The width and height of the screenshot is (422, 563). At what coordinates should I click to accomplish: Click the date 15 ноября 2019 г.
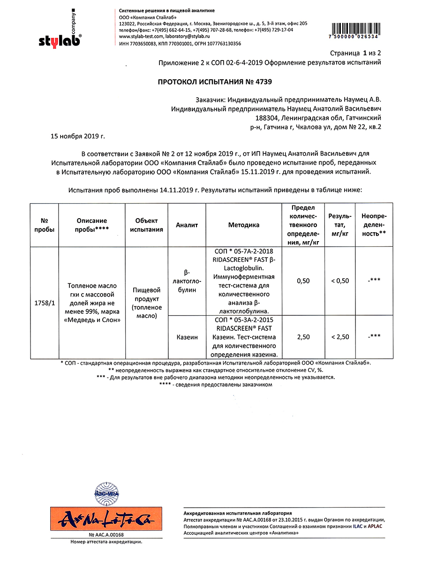[x=78, y=136]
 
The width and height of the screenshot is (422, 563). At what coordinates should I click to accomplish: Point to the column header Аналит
[x=187, y=225]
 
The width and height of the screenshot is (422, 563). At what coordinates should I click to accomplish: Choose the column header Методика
[x=244, y=225]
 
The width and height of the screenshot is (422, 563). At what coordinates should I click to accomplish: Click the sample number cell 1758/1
[x=45, y=303]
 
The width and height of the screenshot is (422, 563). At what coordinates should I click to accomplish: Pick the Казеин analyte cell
[x=187, y=337]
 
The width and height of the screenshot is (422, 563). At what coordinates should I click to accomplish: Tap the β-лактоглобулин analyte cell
[x=187, y=281]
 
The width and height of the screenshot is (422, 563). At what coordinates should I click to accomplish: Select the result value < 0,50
[x=340, y=281]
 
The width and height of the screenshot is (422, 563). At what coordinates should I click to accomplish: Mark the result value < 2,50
[x=340, y=337]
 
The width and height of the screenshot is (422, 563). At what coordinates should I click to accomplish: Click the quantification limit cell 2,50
[x=303, y=337]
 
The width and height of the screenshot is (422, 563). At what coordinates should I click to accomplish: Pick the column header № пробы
[x=45, y=225]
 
